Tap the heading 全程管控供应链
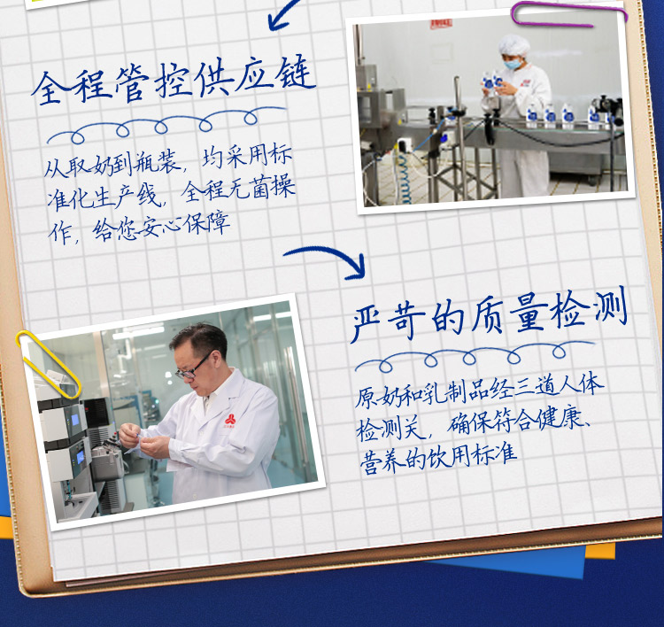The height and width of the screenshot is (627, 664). coord(174,80)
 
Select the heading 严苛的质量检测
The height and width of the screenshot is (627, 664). coord(489,314)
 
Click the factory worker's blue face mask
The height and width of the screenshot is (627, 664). coord(513,64)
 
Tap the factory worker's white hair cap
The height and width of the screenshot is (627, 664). coord(514,45)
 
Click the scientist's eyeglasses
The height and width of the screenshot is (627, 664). coord(193,368)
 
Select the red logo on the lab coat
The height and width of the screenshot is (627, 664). coord(230,421)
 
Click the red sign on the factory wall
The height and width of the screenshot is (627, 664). coord(441,24)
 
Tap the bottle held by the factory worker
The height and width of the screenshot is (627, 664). coord(488,82)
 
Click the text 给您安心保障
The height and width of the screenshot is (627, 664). coord(161,226)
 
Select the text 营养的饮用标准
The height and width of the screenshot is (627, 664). coord(438,459)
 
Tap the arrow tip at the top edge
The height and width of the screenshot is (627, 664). coord(271,28)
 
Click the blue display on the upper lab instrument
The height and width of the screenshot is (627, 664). coord(75,420)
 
